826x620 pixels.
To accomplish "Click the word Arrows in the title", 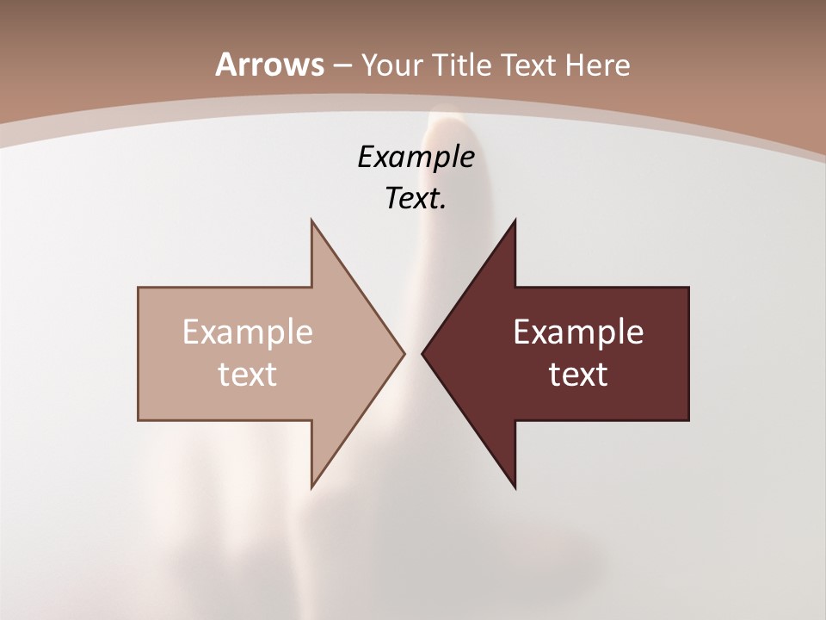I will tap(269, 65).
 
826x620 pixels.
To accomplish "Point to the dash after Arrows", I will tap(340, 65).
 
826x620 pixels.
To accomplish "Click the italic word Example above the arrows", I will tap(416, 157).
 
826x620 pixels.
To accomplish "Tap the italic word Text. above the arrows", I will tap(416, 199).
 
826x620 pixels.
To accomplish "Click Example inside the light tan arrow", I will tap(248, 332).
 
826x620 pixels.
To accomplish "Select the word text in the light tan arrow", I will tap(248, 374).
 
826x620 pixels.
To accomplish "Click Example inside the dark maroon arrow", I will tap(578, 332).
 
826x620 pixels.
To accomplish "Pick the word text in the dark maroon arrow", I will tap(578, 374).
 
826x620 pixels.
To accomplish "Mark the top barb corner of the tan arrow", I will tap(312, 221).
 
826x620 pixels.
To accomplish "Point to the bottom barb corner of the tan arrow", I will tap(312, 487).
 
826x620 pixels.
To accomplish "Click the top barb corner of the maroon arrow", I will tap(515, 221).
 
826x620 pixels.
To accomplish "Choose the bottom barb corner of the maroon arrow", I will tap(515, 487).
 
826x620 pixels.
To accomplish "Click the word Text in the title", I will tap(532, 65).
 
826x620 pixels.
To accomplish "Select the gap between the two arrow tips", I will tap(413, 353).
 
